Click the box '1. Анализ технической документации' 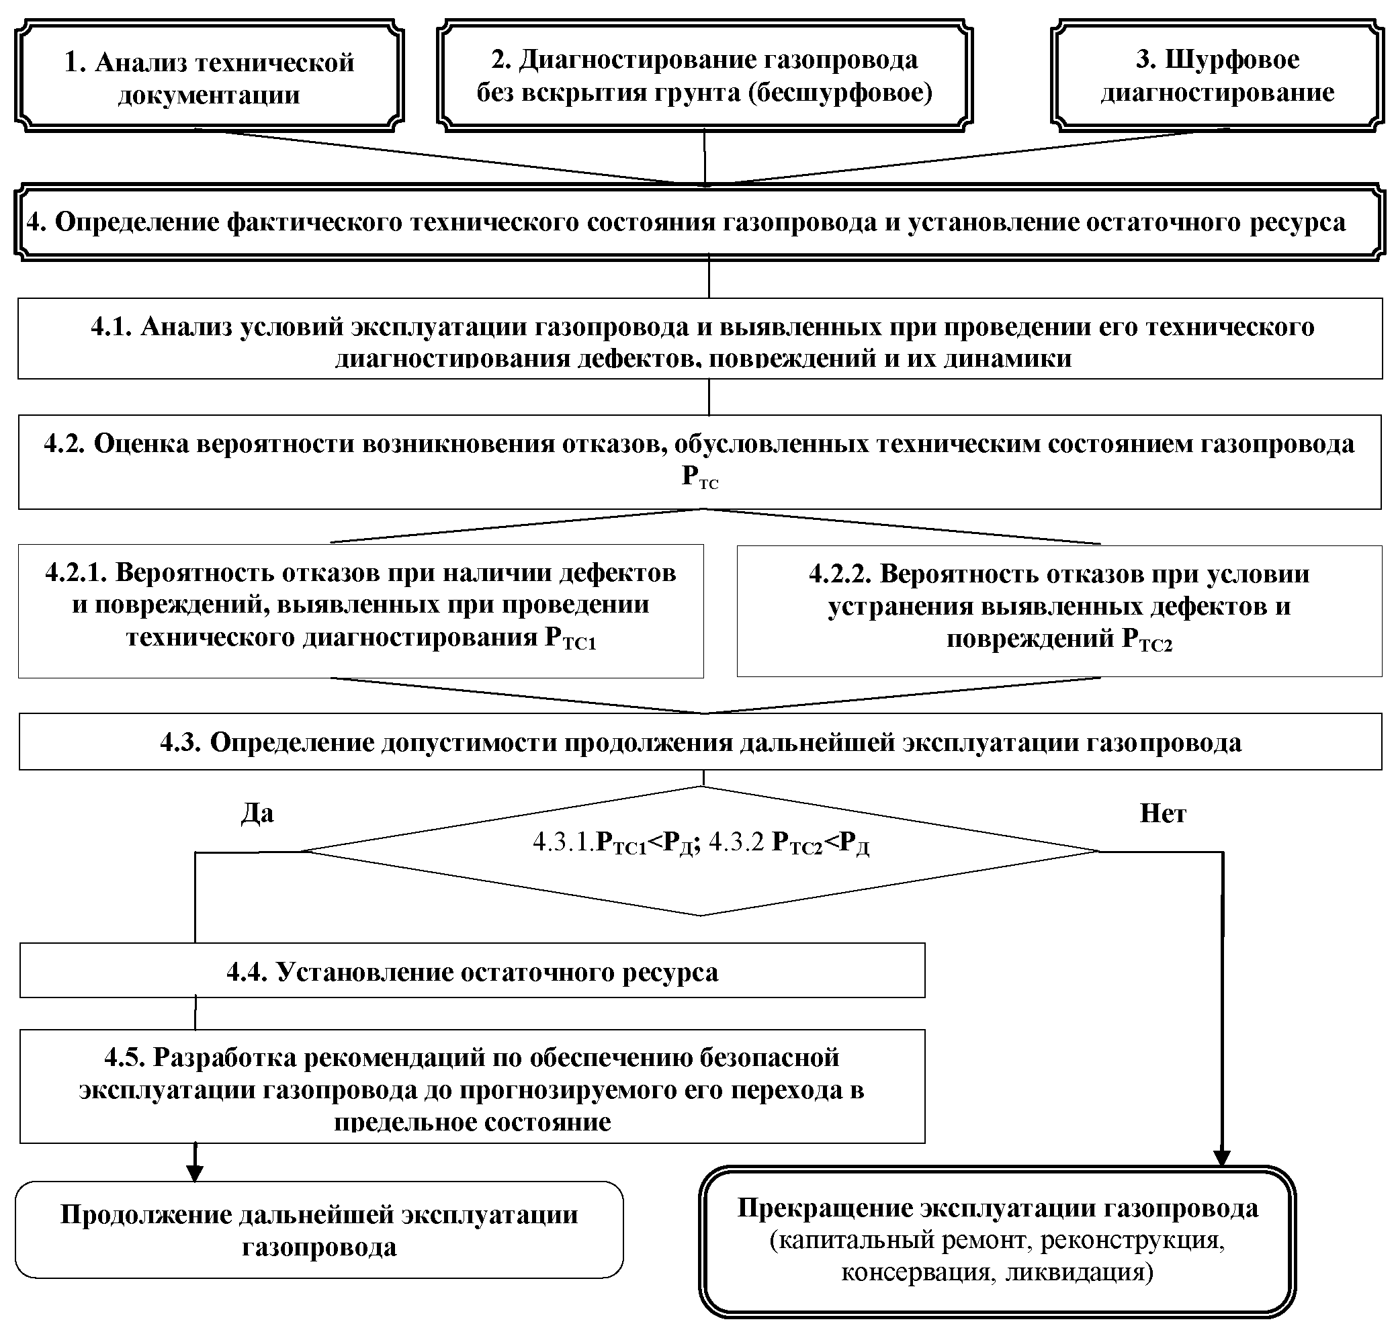tap(209, 77)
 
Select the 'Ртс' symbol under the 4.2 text tap(700, 477)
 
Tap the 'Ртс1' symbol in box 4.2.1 tap(570, 638)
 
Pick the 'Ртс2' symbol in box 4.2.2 tap(1147, 639)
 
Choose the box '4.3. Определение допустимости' tap(700, 743)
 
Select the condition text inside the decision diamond tap(700, 843)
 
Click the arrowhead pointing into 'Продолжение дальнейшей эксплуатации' tap(195, 1171)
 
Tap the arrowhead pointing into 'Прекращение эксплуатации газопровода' tap(1221, 1157)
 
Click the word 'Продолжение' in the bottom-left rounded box tap(146, 1215)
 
